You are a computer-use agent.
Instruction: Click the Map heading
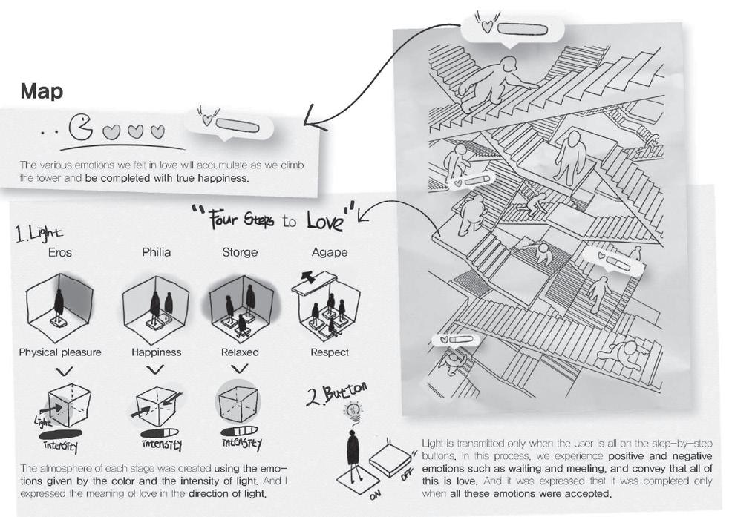tap(42, 92)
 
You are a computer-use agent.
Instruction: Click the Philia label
tap(156, 252)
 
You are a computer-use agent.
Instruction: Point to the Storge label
tap(240, 252)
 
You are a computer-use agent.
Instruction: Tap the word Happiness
tap(156, 352)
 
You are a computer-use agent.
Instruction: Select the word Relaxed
tap(240, 352)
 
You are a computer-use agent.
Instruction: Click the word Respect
tap(330, 352)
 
